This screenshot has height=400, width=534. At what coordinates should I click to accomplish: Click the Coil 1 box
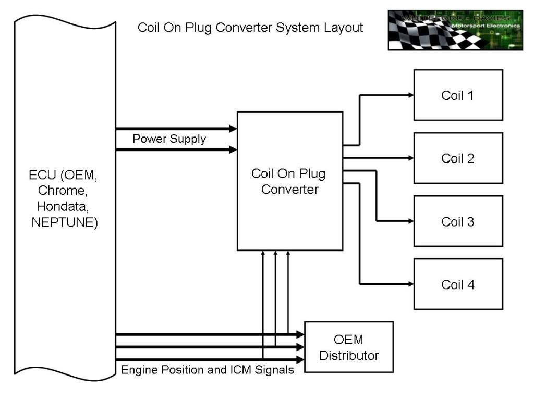[458, 95]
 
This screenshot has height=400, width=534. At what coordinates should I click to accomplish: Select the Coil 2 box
[458, 158]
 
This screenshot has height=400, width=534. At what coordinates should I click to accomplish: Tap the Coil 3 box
[458, 221]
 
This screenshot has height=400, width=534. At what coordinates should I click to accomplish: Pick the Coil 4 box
[458, 284]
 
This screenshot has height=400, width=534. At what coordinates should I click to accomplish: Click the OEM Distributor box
[348, 347]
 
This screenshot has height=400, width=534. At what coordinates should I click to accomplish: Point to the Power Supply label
[169, 139]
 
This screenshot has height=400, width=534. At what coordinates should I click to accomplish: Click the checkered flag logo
[455, 30]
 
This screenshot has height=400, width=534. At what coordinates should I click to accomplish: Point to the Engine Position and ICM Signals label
[207, 370]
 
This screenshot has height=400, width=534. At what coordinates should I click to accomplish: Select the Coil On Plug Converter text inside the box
[289, 181]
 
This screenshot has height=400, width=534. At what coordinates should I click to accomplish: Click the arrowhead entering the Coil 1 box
[410, 95]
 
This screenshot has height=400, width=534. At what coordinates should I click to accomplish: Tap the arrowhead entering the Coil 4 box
[410, 284]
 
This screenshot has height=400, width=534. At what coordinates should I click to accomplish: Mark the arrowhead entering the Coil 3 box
[410, 221]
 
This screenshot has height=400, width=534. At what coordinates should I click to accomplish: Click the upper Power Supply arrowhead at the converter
[233, 128]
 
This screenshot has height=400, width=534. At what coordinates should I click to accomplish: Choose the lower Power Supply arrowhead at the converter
[233, 150]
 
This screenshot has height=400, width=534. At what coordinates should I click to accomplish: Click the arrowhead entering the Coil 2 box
[410, 158]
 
